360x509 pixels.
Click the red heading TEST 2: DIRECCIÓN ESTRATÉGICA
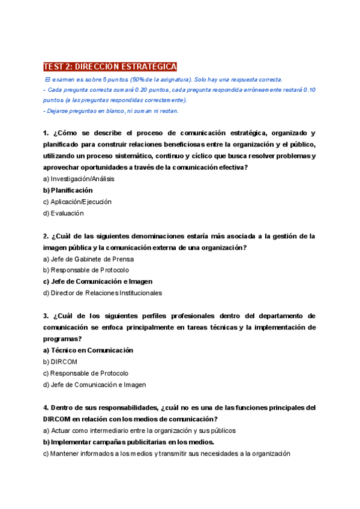(x=110, y=67)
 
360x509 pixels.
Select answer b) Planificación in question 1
(x=68, y=190)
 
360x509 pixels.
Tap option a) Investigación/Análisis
(x=79, y=179)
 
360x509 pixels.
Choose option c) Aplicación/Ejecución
(x=77, y=202)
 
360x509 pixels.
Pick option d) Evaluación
(x=64, y=213)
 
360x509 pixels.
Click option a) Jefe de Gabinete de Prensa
(x=88, y=259)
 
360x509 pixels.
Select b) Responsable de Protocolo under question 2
(x=86, y=270)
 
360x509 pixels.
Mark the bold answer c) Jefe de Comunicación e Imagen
(x=98, y=282)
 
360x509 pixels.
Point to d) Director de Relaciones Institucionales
(x=103, y=293)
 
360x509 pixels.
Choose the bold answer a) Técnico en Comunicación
(x=88, y=351)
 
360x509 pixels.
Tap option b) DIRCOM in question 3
(x=61, y=362)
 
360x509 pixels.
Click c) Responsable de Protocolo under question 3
(x=86, y=373)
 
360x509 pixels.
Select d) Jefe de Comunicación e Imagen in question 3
(x=95, y=385)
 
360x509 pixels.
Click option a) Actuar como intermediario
(x=139, y=430)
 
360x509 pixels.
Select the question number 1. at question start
(x=46, y=133)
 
